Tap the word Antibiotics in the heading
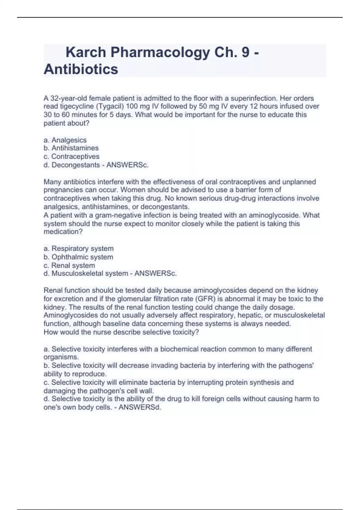pyautogui.click(x=81, y=69)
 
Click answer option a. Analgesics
pyautogui.click(x=65, y=140)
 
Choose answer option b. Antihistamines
pyautogui.click(x=71, y=148)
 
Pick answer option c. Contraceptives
pyautogui.click(x=71, y=156)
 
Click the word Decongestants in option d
pyautogui.click(x=76, y=165)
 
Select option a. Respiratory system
pyautogui.click(x=79, y=248)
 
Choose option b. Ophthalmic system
pyautogui.click(x=78, y=257)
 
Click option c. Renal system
pyautogui.click(x=69, y=265)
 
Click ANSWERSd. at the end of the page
pyautogui.click(x=140, y=407)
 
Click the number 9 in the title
pyautogui.click(x=246, y=52)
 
